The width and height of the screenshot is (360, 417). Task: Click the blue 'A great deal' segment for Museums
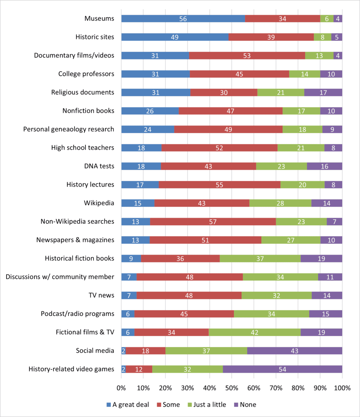183,19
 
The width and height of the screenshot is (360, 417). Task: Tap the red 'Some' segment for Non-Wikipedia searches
213,221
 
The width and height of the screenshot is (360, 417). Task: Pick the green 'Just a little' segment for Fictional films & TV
255,332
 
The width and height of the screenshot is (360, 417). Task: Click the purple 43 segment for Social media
295,351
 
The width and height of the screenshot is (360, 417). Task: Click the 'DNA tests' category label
100,166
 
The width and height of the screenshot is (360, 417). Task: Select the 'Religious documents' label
83,92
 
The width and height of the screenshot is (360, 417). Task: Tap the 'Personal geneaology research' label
68,129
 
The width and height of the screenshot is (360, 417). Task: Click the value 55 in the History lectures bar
219,185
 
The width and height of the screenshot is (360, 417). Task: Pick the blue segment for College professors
155,74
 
